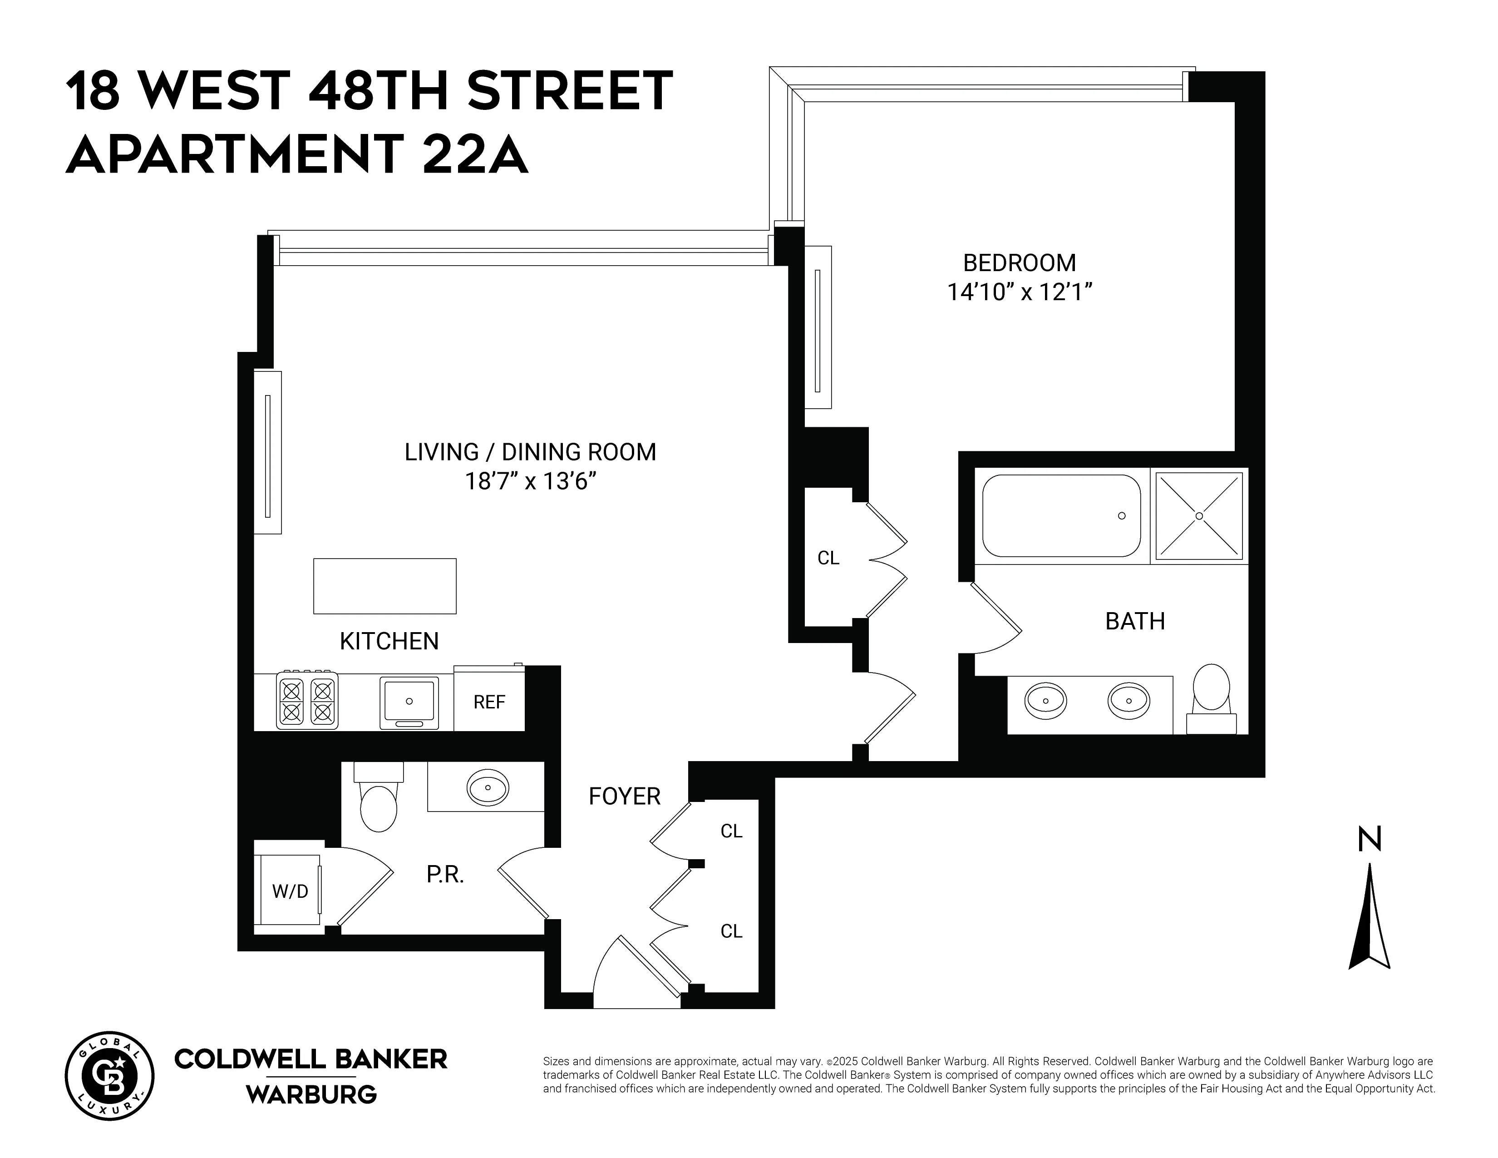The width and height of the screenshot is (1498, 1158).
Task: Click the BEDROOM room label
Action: click(x=1019, y=263)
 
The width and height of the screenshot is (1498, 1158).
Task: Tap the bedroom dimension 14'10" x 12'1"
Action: click(x=1019, y=292)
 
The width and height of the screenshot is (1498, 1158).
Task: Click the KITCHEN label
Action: click(x=389, y=641)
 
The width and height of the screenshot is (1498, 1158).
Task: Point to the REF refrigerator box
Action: click(x=489, y=701)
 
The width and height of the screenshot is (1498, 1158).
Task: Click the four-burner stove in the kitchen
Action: click(x=306, y=700)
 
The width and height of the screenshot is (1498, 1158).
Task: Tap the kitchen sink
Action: click(x=409, y=702)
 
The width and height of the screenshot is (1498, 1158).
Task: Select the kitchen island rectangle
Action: click(x=385, y=586)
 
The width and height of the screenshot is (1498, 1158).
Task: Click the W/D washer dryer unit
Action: click(x=290, y=891)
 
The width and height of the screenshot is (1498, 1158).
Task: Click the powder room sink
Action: click(x=488, y=787)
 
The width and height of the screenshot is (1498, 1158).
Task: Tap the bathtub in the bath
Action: click(x=1061, y=516)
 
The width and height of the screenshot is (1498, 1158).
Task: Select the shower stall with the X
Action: click(x=1199, y=515)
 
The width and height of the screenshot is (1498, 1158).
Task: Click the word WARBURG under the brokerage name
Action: click(x=311, y=1094)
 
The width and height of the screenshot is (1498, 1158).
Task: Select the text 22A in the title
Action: click(x=475, y=154)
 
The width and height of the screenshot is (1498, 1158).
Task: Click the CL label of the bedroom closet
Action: click(x=828, y=559)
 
